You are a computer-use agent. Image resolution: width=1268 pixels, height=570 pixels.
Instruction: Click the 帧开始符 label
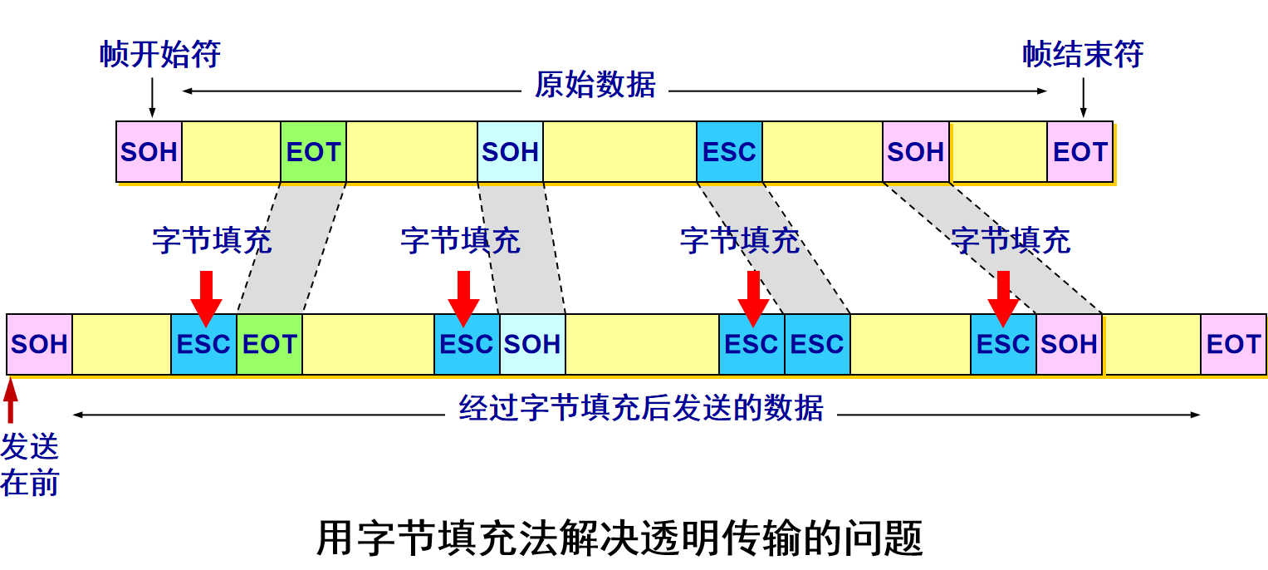pyautogui.click(x=160, y=55)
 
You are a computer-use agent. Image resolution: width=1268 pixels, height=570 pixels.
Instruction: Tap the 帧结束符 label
pyautogui.click(x=1083, y=55)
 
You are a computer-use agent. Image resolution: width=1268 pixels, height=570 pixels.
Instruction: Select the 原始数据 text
pyautogui.click(x=595, y=85)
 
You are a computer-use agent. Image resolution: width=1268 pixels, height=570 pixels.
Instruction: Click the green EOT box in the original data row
pyautogui.click(x=313, y=152)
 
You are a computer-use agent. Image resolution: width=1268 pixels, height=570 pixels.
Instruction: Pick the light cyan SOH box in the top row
pyautogui.click(x=510, y=152)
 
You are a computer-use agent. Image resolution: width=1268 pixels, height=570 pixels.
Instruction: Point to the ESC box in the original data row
pyautogui.click(x=729, y=152)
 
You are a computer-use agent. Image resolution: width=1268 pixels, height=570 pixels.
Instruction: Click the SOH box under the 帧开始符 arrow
pyautogui.click(x=149, y=152)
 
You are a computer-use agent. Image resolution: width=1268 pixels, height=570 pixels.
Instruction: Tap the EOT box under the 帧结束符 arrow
pyautogui.click(x=1080, y=152)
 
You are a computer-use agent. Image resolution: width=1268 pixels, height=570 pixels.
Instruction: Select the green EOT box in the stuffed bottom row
pyautogui.click(x=269, y=344)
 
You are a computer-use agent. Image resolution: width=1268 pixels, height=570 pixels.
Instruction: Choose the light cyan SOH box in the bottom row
pyautogui.click(x=532, y=344)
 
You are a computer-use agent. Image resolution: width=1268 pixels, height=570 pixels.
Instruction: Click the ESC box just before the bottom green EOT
pyautogui.click(x=203, y=344)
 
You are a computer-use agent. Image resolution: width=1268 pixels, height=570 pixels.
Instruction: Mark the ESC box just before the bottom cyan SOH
pyautogui.click(x=467, y=344)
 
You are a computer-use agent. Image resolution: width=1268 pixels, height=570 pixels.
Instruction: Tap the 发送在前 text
pyautogui.click(x=30, y=464)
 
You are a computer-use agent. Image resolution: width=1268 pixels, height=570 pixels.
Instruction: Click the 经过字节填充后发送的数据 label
pyautogui.click(x=641, y=408)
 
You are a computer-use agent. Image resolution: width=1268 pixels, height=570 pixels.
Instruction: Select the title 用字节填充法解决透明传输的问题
pyautogui.click(x=619, y=538)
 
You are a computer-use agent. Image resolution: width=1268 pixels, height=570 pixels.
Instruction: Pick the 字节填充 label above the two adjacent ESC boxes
pyautogui.click(x=739, y=241)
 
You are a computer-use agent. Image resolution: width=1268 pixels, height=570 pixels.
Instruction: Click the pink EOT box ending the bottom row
pyautogui.click(x=1233, y=344)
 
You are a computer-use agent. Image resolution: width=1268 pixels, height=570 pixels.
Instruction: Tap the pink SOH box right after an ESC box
pyautogui.click(x=1069, y=344)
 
